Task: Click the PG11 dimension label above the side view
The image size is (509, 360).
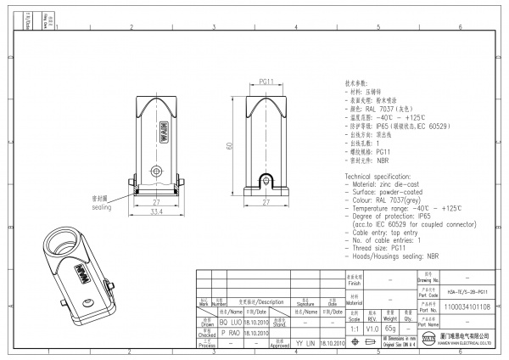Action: [x=266, y=82]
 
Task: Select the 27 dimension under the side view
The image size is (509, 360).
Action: [x=266, y=203]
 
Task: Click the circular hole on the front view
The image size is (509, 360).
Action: [x=156, y=172]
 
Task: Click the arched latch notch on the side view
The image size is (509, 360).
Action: [x=266, y=181]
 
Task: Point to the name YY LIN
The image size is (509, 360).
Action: [x=305, y=343]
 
